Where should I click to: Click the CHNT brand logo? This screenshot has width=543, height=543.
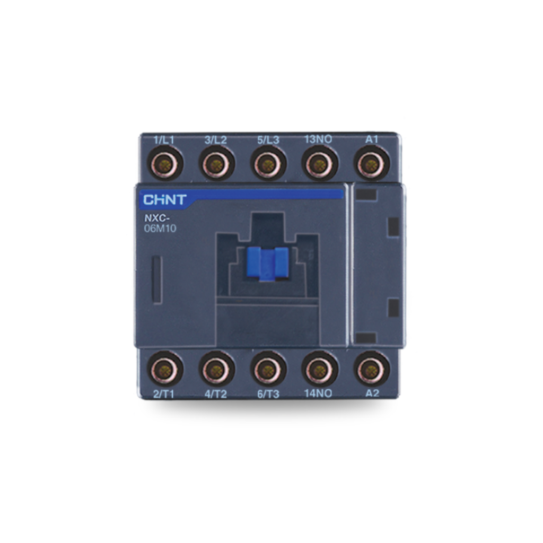[164, 200]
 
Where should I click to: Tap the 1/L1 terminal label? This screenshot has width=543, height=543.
[164, 141]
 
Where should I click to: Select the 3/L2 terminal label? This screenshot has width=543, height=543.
[215, 141]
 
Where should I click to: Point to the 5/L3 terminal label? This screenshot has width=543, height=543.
[268, 141]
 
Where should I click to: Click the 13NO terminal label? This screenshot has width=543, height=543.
[318, 139]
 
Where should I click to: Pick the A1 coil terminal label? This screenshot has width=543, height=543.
[372, 139]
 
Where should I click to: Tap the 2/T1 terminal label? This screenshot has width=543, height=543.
[164, 393]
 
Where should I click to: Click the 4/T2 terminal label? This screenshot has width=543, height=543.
[216, 393]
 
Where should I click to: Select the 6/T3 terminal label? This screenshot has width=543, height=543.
[268, 393]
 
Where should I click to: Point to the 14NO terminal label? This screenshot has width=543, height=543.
[319, 393]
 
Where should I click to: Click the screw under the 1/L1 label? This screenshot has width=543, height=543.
[165, 163]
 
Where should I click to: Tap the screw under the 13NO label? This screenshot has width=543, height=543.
[320, 163]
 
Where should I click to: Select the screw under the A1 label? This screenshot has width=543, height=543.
[371, 163]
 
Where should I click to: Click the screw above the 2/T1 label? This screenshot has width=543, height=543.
[165, 369]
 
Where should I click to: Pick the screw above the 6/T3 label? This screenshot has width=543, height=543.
[268, 369]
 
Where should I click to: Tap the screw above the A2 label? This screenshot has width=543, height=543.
[371, 369]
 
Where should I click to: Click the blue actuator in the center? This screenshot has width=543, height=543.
[267, 262]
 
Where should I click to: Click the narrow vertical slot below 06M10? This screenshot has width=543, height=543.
[157, 280]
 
